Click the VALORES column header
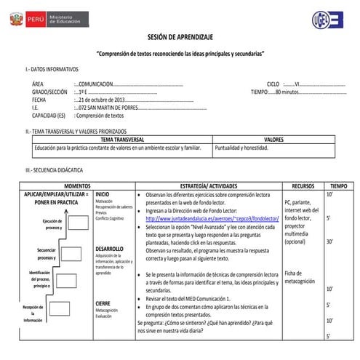[273, 139]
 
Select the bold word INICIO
[103, 195]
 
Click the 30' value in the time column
[330, 242]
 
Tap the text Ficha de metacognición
[300, 277]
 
